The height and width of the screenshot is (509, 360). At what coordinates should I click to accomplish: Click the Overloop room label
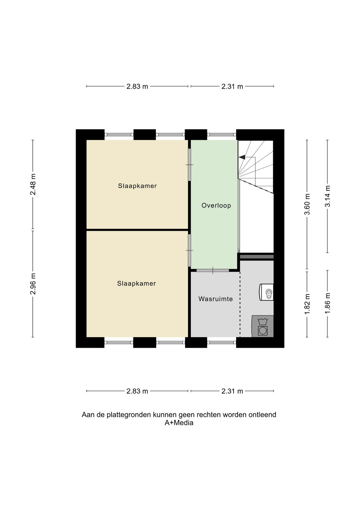(x=216, y=206)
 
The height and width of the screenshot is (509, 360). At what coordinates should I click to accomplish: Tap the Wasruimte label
(x=216, y=299)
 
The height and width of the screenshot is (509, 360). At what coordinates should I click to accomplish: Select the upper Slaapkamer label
(x=137, y=186)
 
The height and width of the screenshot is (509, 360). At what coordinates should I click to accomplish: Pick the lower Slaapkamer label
(x=137, y=284)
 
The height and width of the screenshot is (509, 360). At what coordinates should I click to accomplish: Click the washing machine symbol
(x=263, y=326)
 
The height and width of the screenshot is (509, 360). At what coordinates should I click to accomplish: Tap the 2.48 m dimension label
(x=33, y=184)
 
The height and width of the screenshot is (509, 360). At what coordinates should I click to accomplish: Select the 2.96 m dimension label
(x=33, y=284)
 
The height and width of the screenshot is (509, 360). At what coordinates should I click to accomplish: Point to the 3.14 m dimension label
(x=328, y=196)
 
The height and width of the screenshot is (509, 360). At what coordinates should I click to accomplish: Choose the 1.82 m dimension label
(x=307, y=304)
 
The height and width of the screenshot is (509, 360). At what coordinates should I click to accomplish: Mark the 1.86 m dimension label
(x=328, y=304)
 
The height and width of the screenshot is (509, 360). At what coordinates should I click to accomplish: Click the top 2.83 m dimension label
(x=137, y=87)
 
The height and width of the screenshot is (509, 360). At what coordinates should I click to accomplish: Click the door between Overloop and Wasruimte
(x=213, y=271)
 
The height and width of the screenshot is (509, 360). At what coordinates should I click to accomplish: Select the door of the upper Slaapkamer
(x=189, y=164)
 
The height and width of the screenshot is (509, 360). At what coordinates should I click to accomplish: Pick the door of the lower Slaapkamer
(x=189, y=250)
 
